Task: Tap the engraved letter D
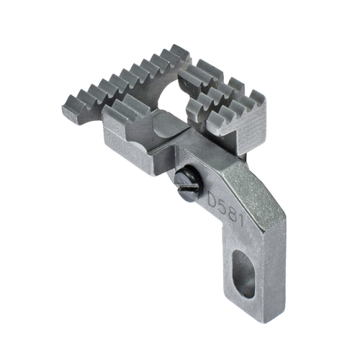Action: [x=214, y=198]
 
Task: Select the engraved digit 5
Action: [x=224, y=205]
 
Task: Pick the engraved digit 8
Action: [x=233, y=212]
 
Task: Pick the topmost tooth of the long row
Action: [x=179, y=51]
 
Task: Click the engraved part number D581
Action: [x=228, y=208]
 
